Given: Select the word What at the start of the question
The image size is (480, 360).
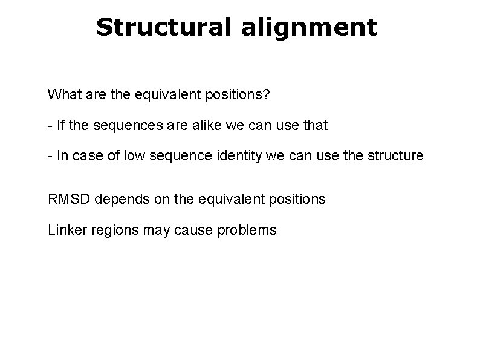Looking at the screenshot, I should (62, 94).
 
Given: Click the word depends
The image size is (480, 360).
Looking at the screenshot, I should (113, 199).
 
